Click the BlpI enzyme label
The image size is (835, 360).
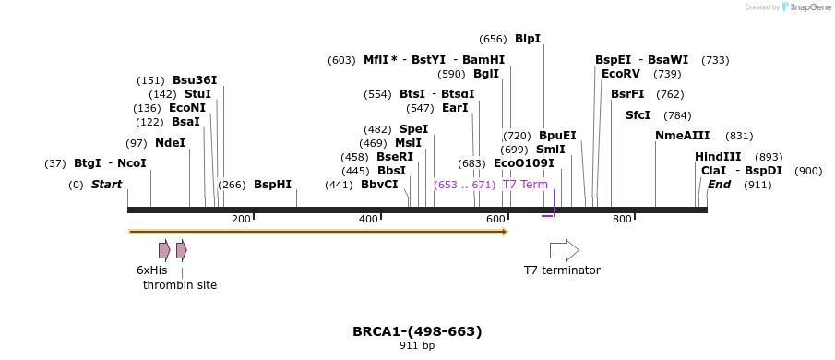(527, 39)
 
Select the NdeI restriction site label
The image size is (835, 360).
(170, 143)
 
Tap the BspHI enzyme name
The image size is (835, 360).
(272, 185)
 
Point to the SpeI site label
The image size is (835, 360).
(413, 129)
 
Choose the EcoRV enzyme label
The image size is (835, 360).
(620, 74)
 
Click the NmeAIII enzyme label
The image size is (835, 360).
(682, 136)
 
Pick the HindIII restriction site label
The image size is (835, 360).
(718, 157)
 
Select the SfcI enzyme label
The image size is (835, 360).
(638, 115)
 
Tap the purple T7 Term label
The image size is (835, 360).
(525, 185)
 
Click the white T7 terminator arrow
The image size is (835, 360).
(564, 250)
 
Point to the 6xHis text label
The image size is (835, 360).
(152, 270)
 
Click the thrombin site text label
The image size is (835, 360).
(180, 285)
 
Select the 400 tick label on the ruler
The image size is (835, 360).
(368, 219)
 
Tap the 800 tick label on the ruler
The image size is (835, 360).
(622, 219)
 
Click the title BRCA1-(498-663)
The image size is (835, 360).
(417, 331)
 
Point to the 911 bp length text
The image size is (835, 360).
(417, 346)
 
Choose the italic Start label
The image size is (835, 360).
(106, 185)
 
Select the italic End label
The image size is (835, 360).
(719, 185)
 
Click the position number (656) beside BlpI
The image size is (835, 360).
(493, 39)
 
